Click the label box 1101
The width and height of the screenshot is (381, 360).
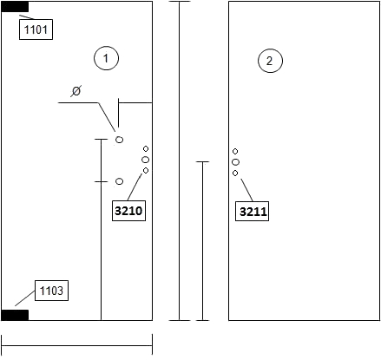[36, 29]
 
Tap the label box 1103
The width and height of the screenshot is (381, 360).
[51, 291]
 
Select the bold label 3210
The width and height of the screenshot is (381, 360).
[128, 211]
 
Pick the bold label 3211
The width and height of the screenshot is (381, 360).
[252, 212]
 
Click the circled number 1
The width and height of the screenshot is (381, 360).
[106, 58]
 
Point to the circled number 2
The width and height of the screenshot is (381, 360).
[270, 61]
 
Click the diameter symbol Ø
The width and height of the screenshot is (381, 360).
[76, 91]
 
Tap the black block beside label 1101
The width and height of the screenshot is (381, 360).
[15, 7]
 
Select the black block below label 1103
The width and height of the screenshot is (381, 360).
[15, 315]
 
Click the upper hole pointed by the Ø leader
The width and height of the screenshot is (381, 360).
[119, 140]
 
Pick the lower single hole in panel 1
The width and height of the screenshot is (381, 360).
[119, 181]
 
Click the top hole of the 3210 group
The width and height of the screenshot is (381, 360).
[146, 148]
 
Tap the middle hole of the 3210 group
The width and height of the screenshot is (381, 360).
[146, 160]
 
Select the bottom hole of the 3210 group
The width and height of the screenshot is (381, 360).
[146, 171]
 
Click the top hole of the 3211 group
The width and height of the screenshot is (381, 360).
[235, 151]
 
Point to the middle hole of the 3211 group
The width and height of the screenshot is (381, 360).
[235, 162]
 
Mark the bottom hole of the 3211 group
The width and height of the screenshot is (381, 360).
[235, 173]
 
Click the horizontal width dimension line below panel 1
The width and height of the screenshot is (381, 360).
[77, 345]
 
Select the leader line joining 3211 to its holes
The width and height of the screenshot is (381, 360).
[246, 190]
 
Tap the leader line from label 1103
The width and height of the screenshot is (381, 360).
[25, 298]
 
